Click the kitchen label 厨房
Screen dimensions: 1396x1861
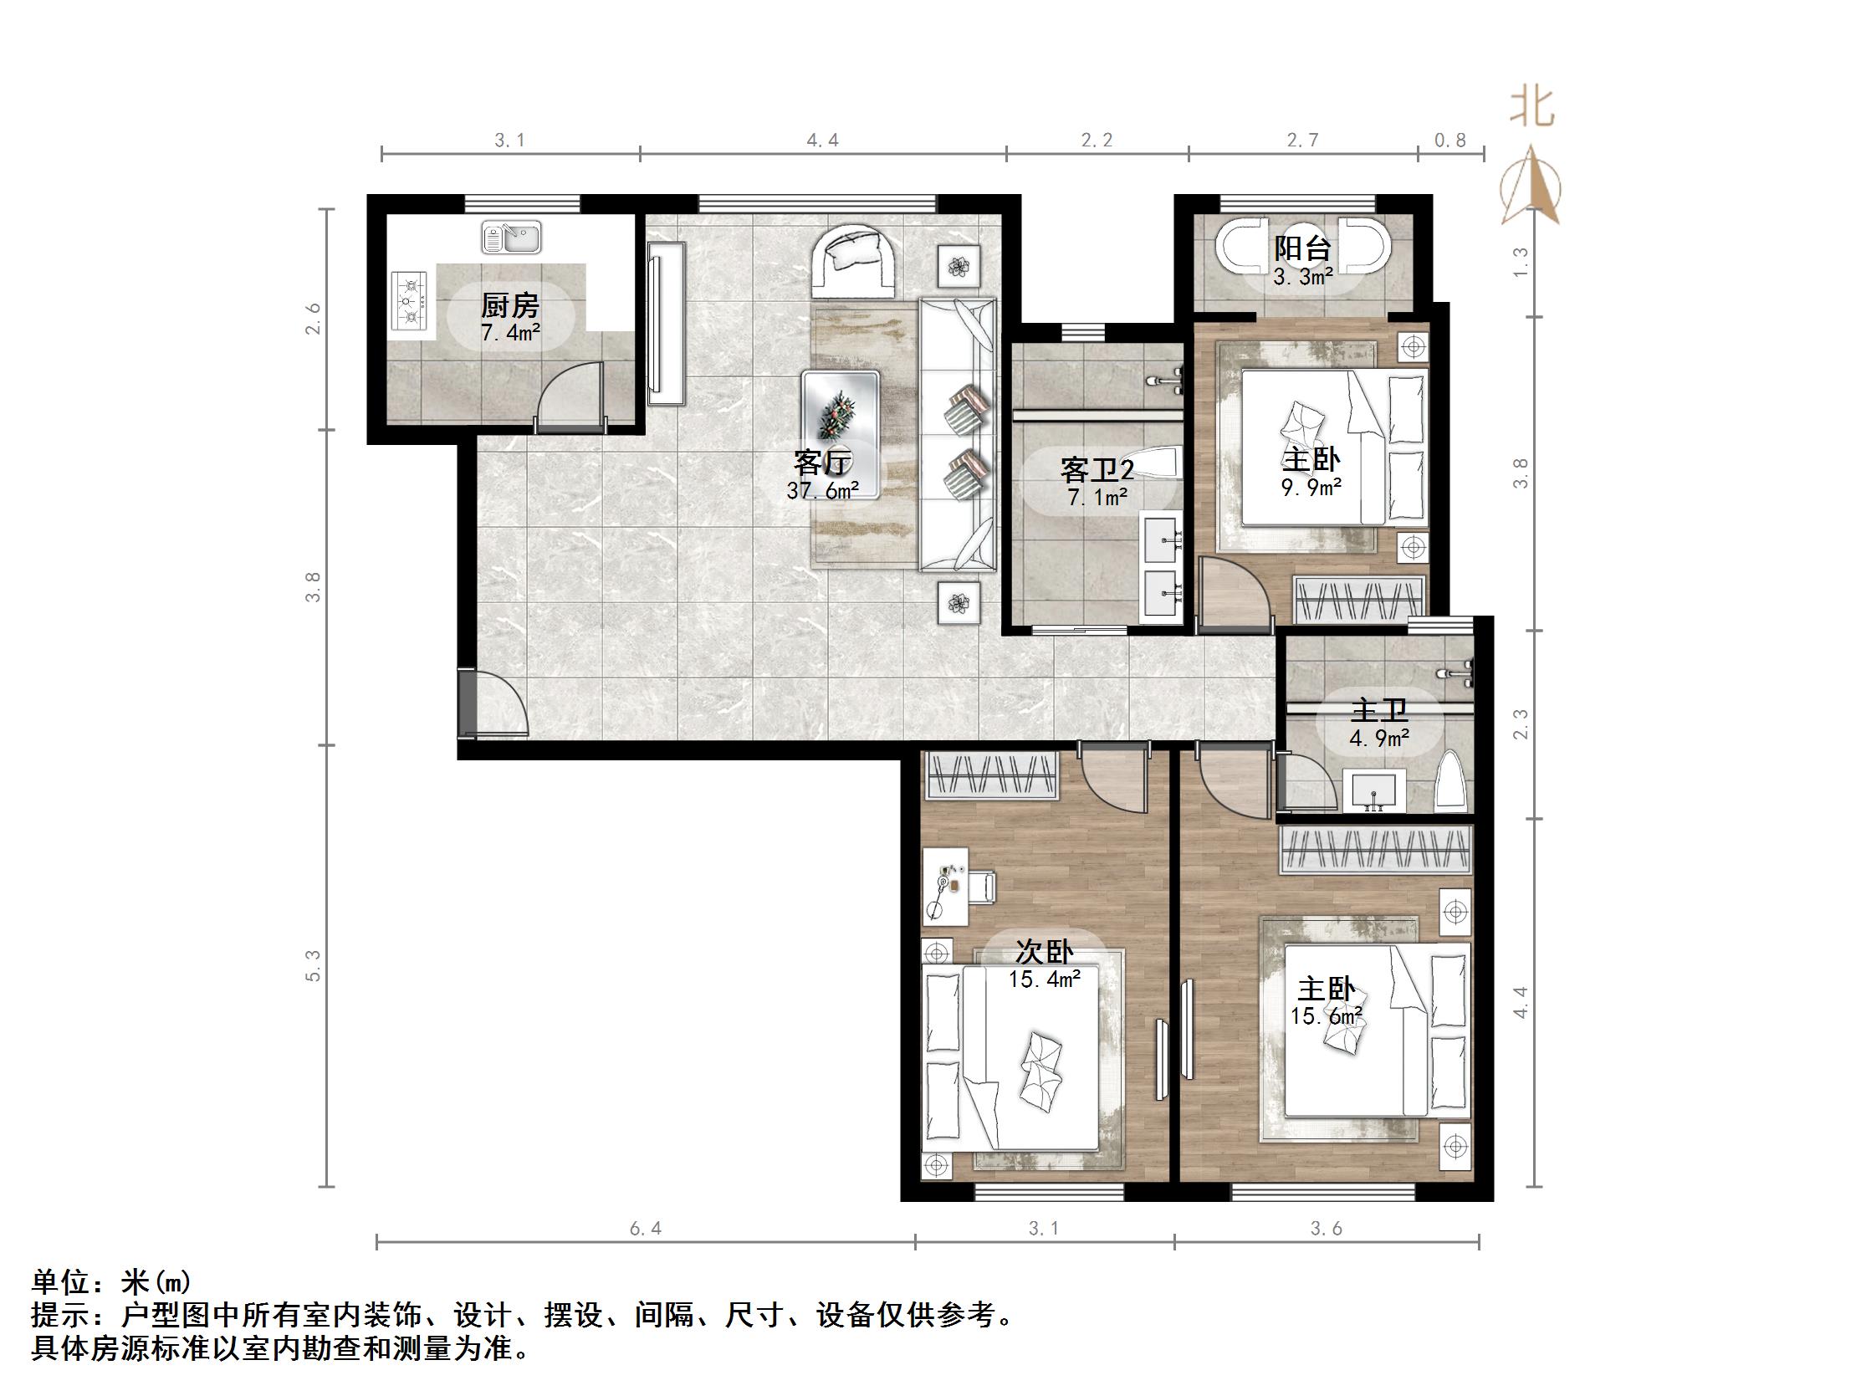coord(510,305)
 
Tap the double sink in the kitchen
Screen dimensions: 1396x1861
coord(511,238)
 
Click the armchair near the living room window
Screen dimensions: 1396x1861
coord(853,262)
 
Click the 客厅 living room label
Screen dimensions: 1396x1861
coord(823,462)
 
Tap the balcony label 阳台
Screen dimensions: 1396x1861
coord(1302,249)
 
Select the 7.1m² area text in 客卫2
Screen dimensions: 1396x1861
coord(1097,498)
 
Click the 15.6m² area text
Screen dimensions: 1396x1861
coord(1327,1016)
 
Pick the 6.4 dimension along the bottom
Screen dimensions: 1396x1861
coord(646,1230)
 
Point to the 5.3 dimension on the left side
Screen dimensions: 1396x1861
coord(313,965)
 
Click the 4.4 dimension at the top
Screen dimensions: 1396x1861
coord(823,141)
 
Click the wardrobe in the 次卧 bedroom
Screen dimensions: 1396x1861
coord(991,776)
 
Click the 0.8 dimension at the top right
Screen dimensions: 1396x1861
coord(1450,141)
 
